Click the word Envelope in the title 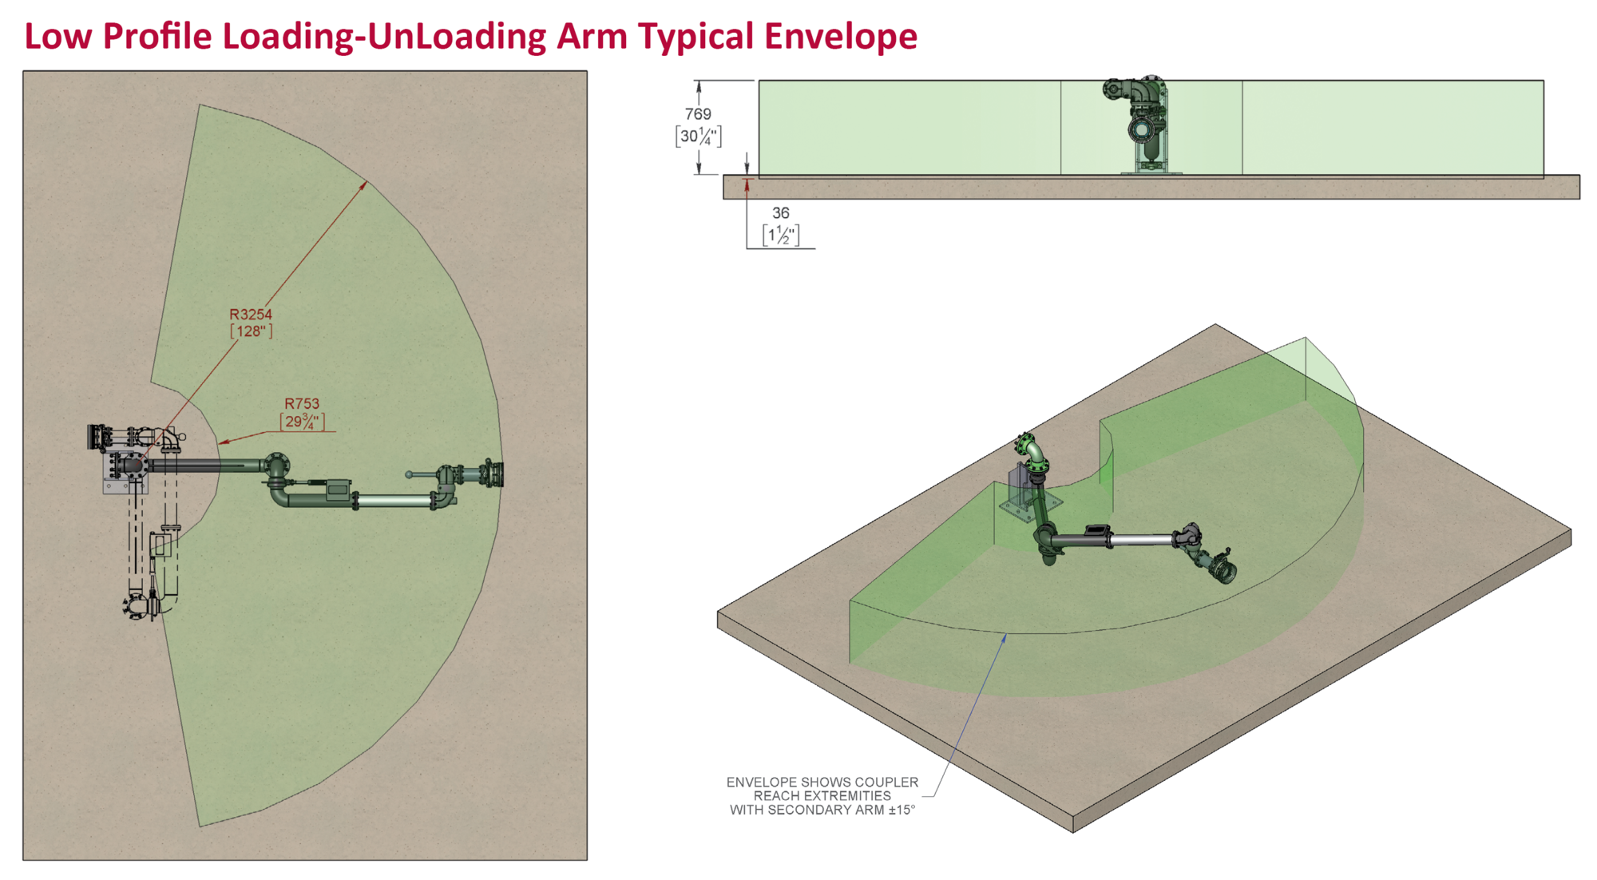click(x=841, y=37)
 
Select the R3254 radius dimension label click(x=251, y=315)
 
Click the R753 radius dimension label click(x=302, y=404)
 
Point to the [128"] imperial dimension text click(x=252, y=331)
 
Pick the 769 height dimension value click(x=698, y=114)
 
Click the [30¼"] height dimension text click(x=699, y=137)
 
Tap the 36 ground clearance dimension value click(x=781, y=213)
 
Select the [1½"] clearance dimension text click(x=781, y=236)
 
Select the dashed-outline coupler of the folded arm click(x=141, y=605)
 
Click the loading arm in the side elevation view click(x=1138, y=124)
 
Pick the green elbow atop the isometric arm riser click(x=1032, y=452)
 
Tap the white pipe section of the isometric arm click(x=1141, y=541)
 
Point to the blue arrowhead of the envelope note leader click(x=1005, y=637)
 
